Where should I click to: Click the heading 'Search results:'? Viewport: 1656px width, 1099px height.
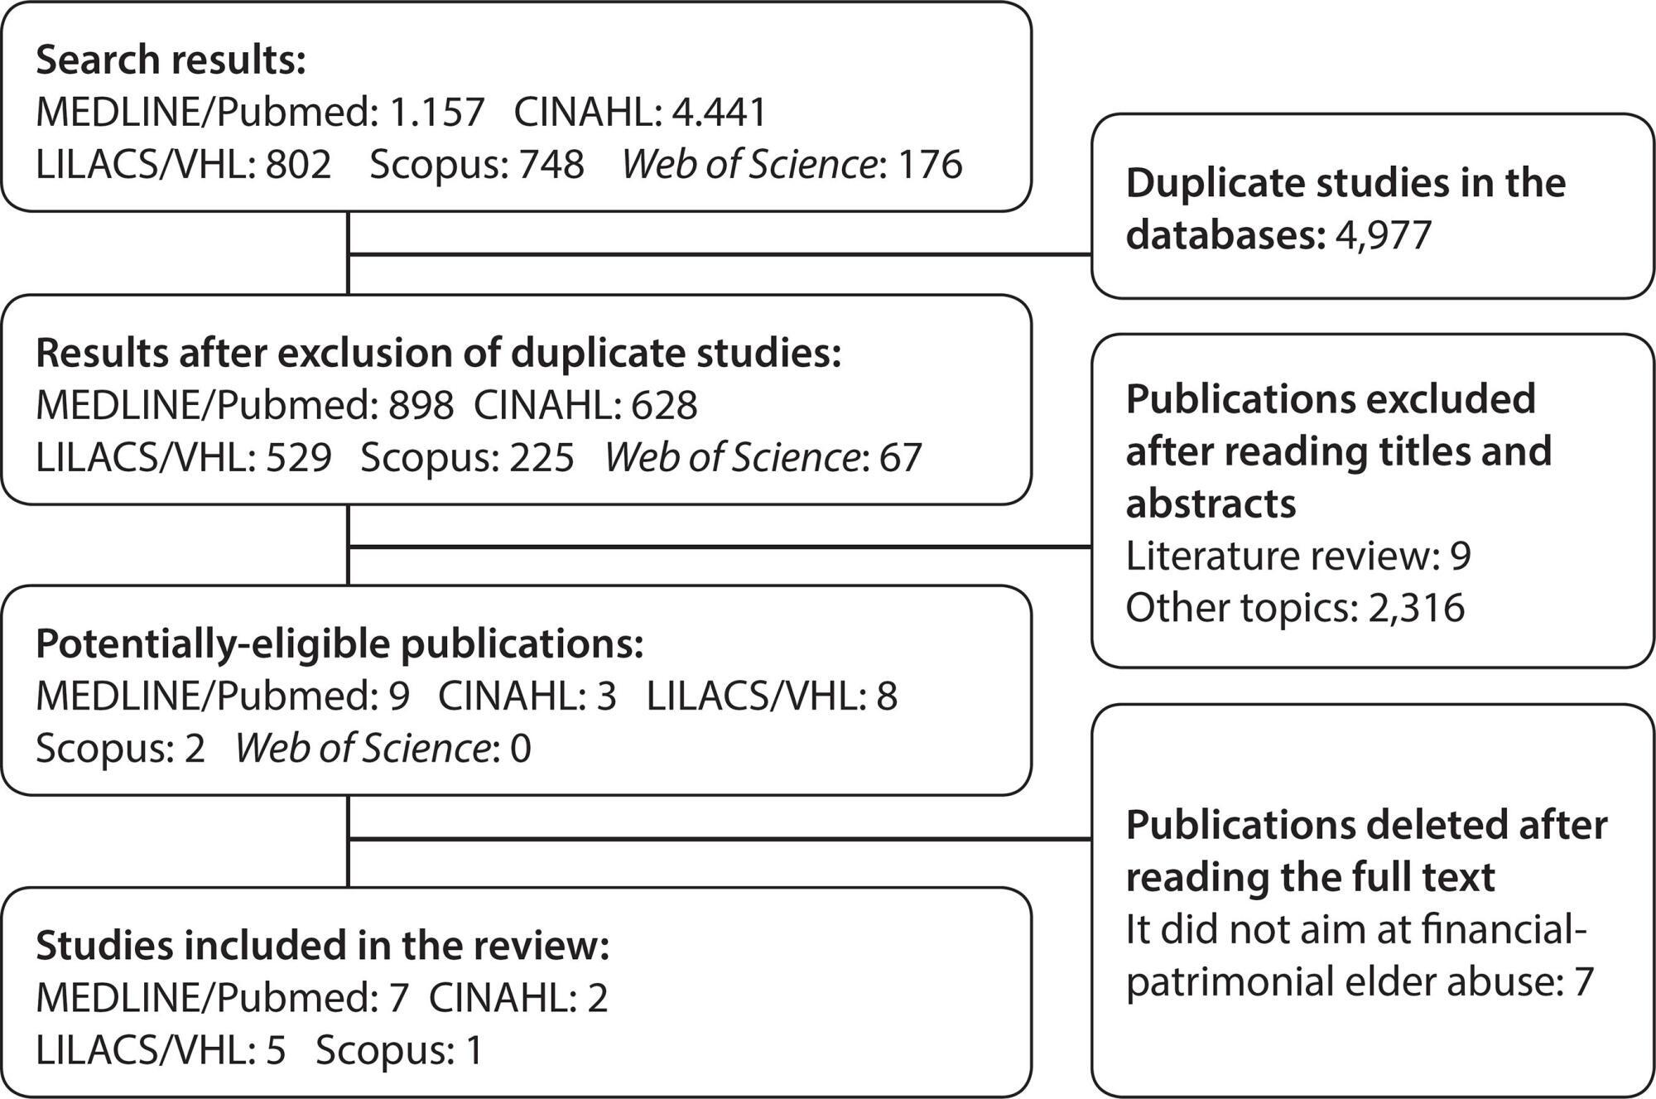(171, 60)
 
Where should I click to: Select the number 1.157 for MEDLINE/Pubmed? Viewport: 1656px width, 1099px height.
(436, 112)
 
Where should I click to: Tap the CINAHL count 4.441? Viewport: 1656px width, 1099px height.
(720, 112)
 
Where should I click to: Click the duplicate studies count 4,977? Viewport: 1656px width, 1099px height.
(1384, 235)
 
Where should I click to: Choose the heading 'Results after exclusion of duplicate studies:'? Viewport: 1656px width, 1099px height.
(438, 353)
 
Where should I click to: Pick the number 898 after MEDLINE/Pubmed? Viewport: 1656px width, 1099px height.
(421, 405)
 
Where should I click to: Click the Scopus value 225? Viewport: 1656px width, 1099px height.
(542, 457)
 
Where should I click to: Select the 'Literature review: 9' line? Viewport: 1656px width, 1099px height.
(1298, 556)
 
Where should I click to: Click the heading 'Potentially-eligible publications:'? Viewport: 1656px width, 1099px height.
(339, 644)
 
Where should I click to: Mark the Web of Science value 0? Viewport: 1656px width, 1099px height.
(521, 748)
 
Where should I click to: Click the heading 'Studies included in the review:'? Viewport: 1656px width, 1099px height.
(323, 946)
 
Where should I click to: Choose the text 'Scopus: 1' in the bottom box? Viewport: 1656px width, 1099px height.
(399, 1050)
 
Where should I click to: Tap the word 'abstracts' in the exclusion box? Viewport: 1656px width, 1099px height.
(1211, 504)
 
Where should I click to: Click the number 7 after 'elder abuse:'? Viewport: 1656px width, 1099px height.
(1583, 981)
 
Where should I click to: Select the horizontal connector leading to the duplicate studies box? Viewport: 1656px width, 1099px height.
(720, 254)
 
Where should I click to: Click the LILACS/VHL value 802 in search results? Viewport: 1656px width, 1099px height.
(299, 164)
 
